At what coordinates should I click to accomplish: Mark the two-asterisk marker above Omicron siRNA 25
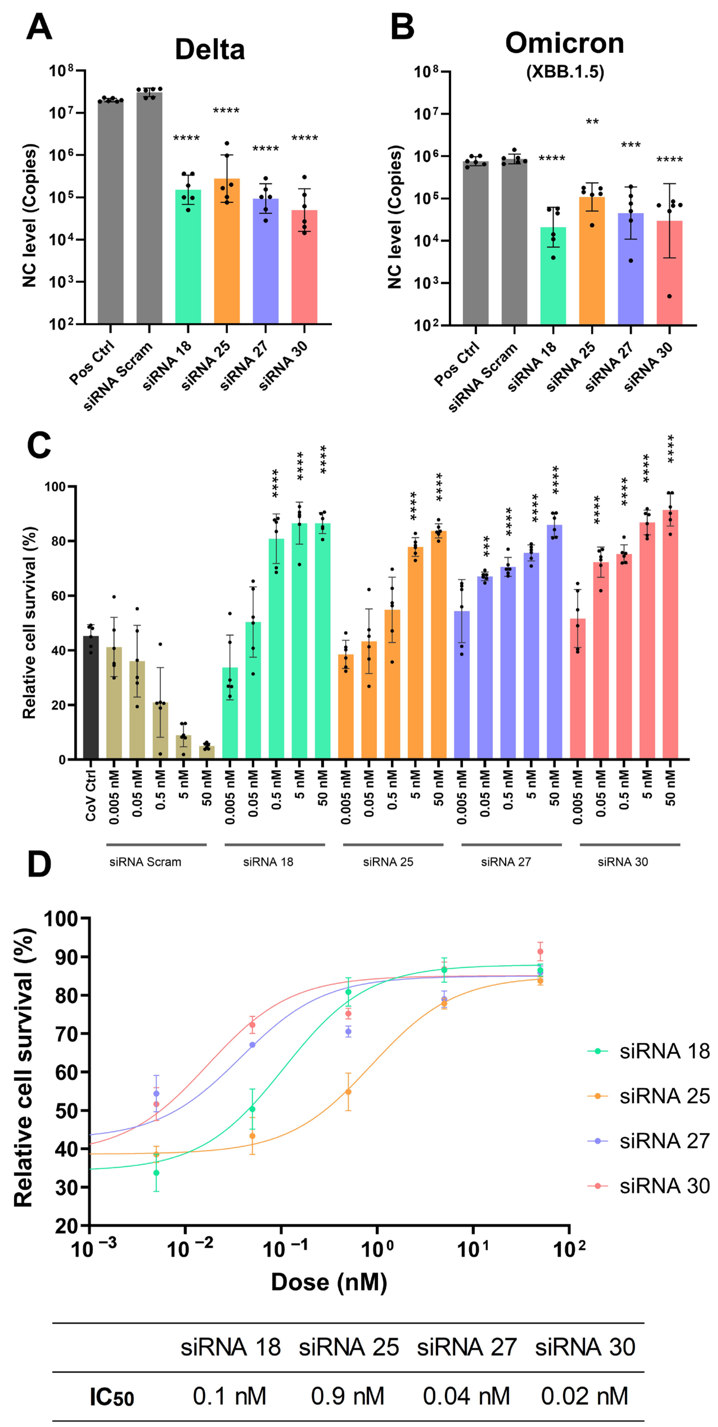(x=592, y=121)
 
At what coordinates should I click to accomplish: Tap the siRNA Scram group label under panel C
(x=145, y=862)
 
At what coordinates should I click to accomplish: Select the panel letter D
(x=39, y=864)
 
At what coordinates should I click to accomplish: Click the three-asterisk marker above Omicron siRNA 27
(x=631, y=145)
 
